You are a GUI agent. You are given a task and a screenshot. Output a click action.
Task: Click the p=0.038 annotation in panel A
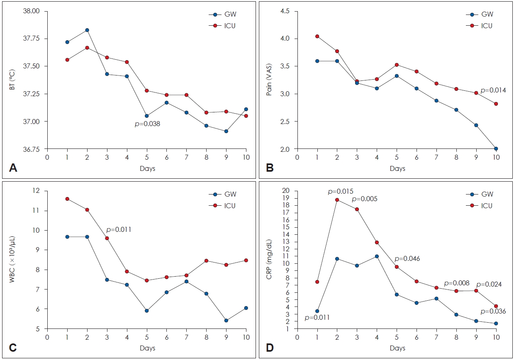click(x=147, y=124)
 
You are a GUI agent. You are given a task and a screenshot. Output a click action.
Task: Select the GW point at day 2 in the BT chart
click(x=87, y=30)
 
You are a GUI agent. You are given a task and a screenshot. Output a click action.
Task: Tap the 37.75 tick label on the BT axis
click(x=31, y=38)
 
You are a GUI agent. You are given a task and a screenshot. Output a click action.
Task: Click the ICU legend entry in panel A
click(x=222, y=26)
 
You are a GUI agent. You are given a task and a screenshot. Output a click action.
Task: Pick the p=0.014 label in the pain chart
click(x=493, y=90)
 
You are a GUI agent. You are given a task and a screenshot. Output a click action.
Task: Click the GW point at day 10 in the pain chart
click(x=496, y=148)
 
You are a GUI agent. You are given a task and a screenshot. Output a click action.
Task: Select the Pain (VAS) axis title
click(x=269, y=80)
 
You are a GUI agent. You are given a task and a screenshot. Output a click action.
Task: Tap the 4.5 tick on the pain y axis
click(x=285, y=11)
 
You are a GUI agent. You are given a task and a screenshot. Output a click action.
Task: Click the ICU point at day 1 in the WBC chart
click(x=67, y=199)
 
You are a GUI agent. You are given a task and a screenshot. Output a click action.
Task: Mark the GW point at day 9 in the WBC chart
click(x=226, y=320)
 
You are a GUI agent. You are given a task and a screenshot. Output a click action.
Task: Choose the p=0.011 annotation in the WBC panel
click(x=119, y=229)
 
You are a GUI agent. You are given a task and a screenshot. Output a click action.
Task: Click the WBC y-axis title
click(x=12, y=259)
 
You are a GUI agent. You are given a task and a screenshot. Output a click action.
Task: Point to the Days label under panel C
click(x=147, y=348)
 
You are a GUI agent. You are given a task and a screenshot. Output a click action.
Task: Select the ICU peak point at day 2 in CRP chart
click(x=337, y=199)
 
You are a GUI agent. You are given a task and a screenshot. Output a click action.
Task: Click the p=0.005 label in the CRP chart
click(x=365, y=199)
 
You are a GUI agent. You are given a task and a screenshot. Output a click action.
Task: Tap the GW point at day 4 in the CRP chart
click(x=377, y=256)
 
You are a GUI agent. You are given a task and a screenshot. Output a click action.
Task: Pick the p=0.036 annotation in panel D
click(x=493, y=311)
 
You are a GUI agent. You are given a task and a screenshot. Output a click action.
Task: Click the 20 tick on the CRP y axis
click(x=287, y=191)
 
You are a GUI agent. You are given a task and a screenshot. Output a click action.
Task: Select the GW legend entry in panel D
click(x=479, y=194)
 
